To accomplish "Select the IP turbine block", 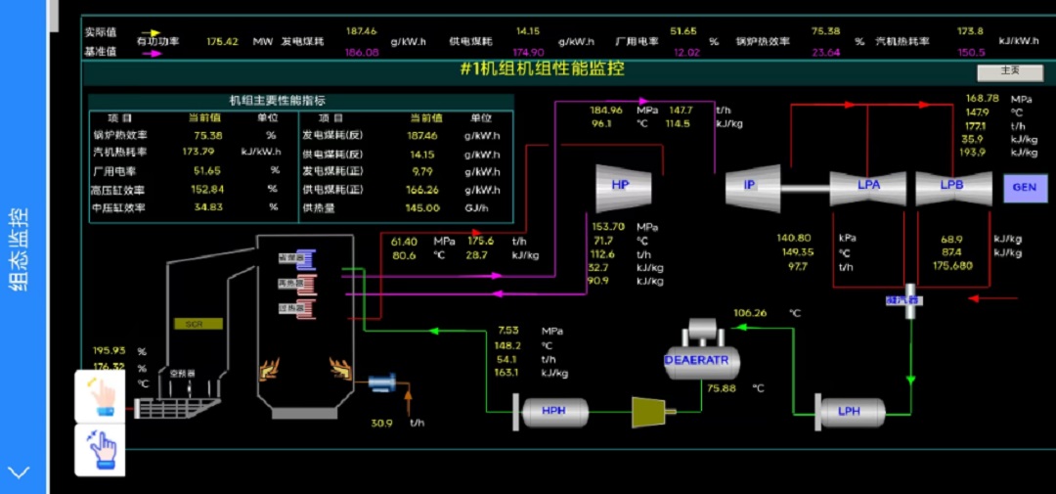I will click(x=751, y=186).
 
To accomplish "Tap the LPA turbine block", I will click(x=869, y=186).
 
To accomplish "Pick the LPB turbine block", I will click(x=952, y=186).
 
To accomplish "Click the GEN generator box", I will click(x=1024, y=187).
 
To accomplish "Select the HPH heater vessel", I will click(x=553, y=412).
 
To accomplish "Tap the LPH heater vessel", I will click(x=850, y=412).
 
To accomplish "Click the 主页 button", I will click(x=1009, y=71).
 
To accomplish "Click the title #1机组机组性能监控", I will click(x=542, y=69).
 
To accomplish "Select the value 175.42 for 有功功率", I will click(x=223, y=42).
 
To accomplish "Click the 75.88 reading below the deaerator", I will click(x=722, y=388).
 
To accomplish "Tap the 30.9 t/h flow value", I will click(x=382, y=424).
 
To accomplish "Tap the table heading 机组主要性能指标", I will click(x=278, y=100).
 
